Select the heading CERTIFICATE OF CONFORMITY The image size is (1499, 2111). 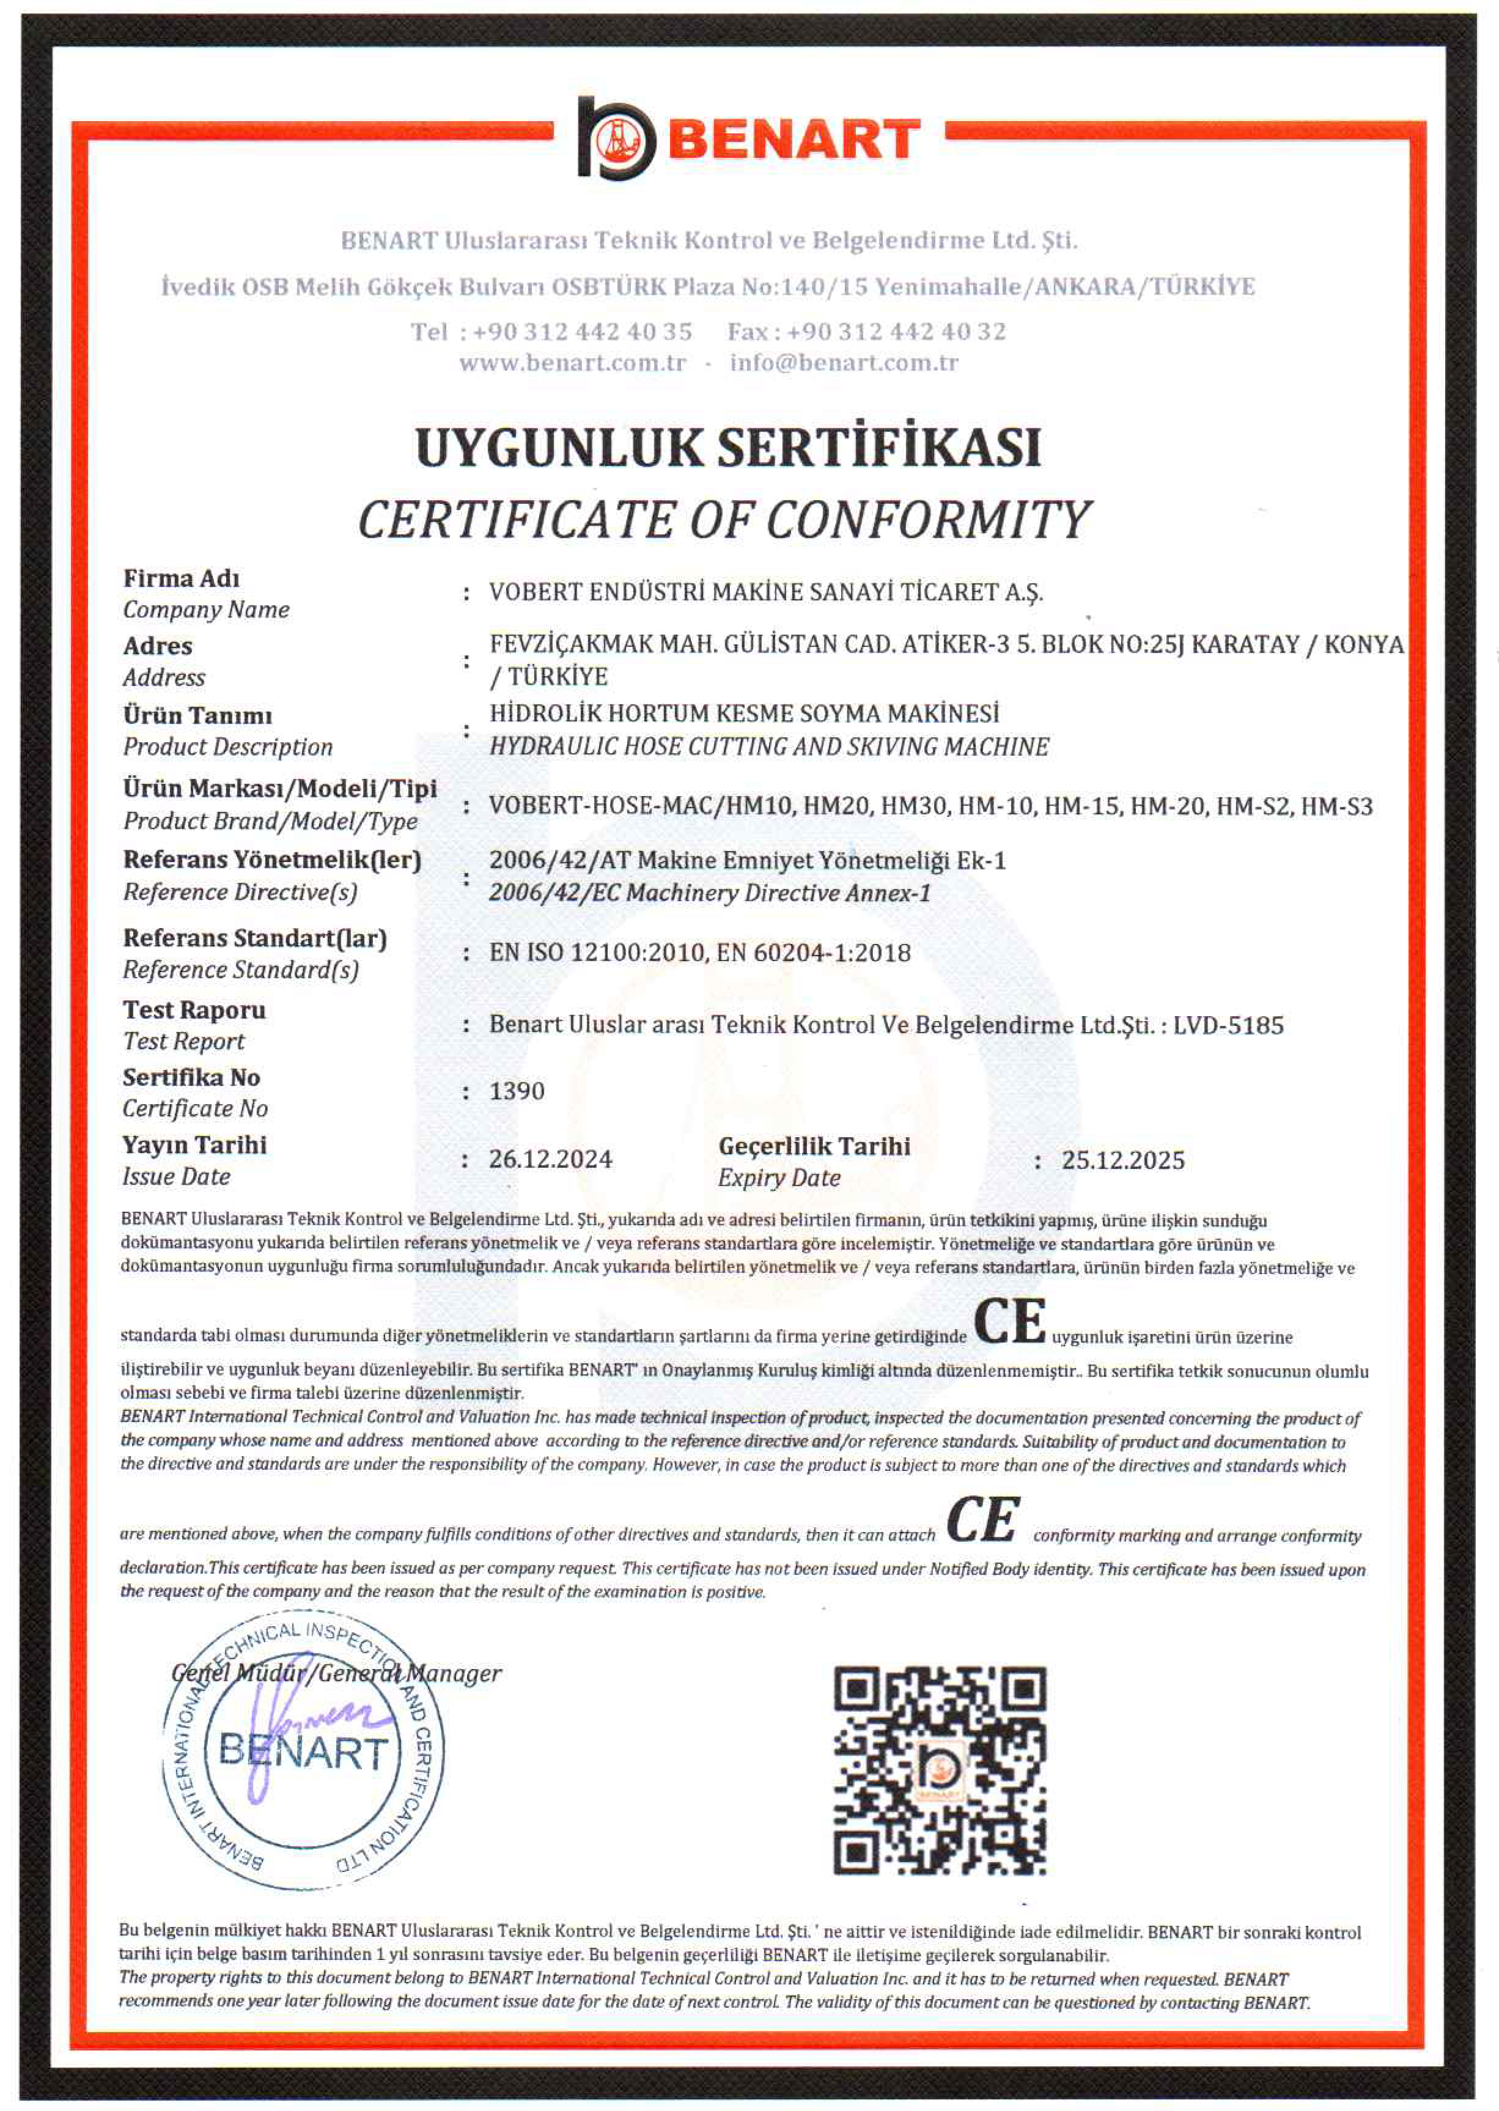(724, 520)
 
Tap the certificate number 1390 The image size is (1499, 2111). (517, 1091)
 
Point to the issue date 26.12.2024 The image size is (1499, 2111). (550, 1159)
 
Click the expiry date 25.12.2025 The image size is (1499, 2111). (1122, 1160)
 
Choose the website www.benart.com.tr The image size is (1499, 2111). (572, 363)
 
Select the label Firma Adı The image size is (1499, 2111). (182, 579)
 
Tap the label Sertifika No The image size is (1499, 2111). (191, 1077)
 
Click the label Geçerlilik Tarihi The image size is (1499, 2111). (814, 1146)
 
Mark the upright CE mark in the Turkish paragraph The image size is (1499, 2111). (1010, 1321)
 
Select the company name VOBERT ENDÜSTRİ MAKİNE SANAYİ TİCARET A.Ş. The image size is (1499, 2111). (766, 592)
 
